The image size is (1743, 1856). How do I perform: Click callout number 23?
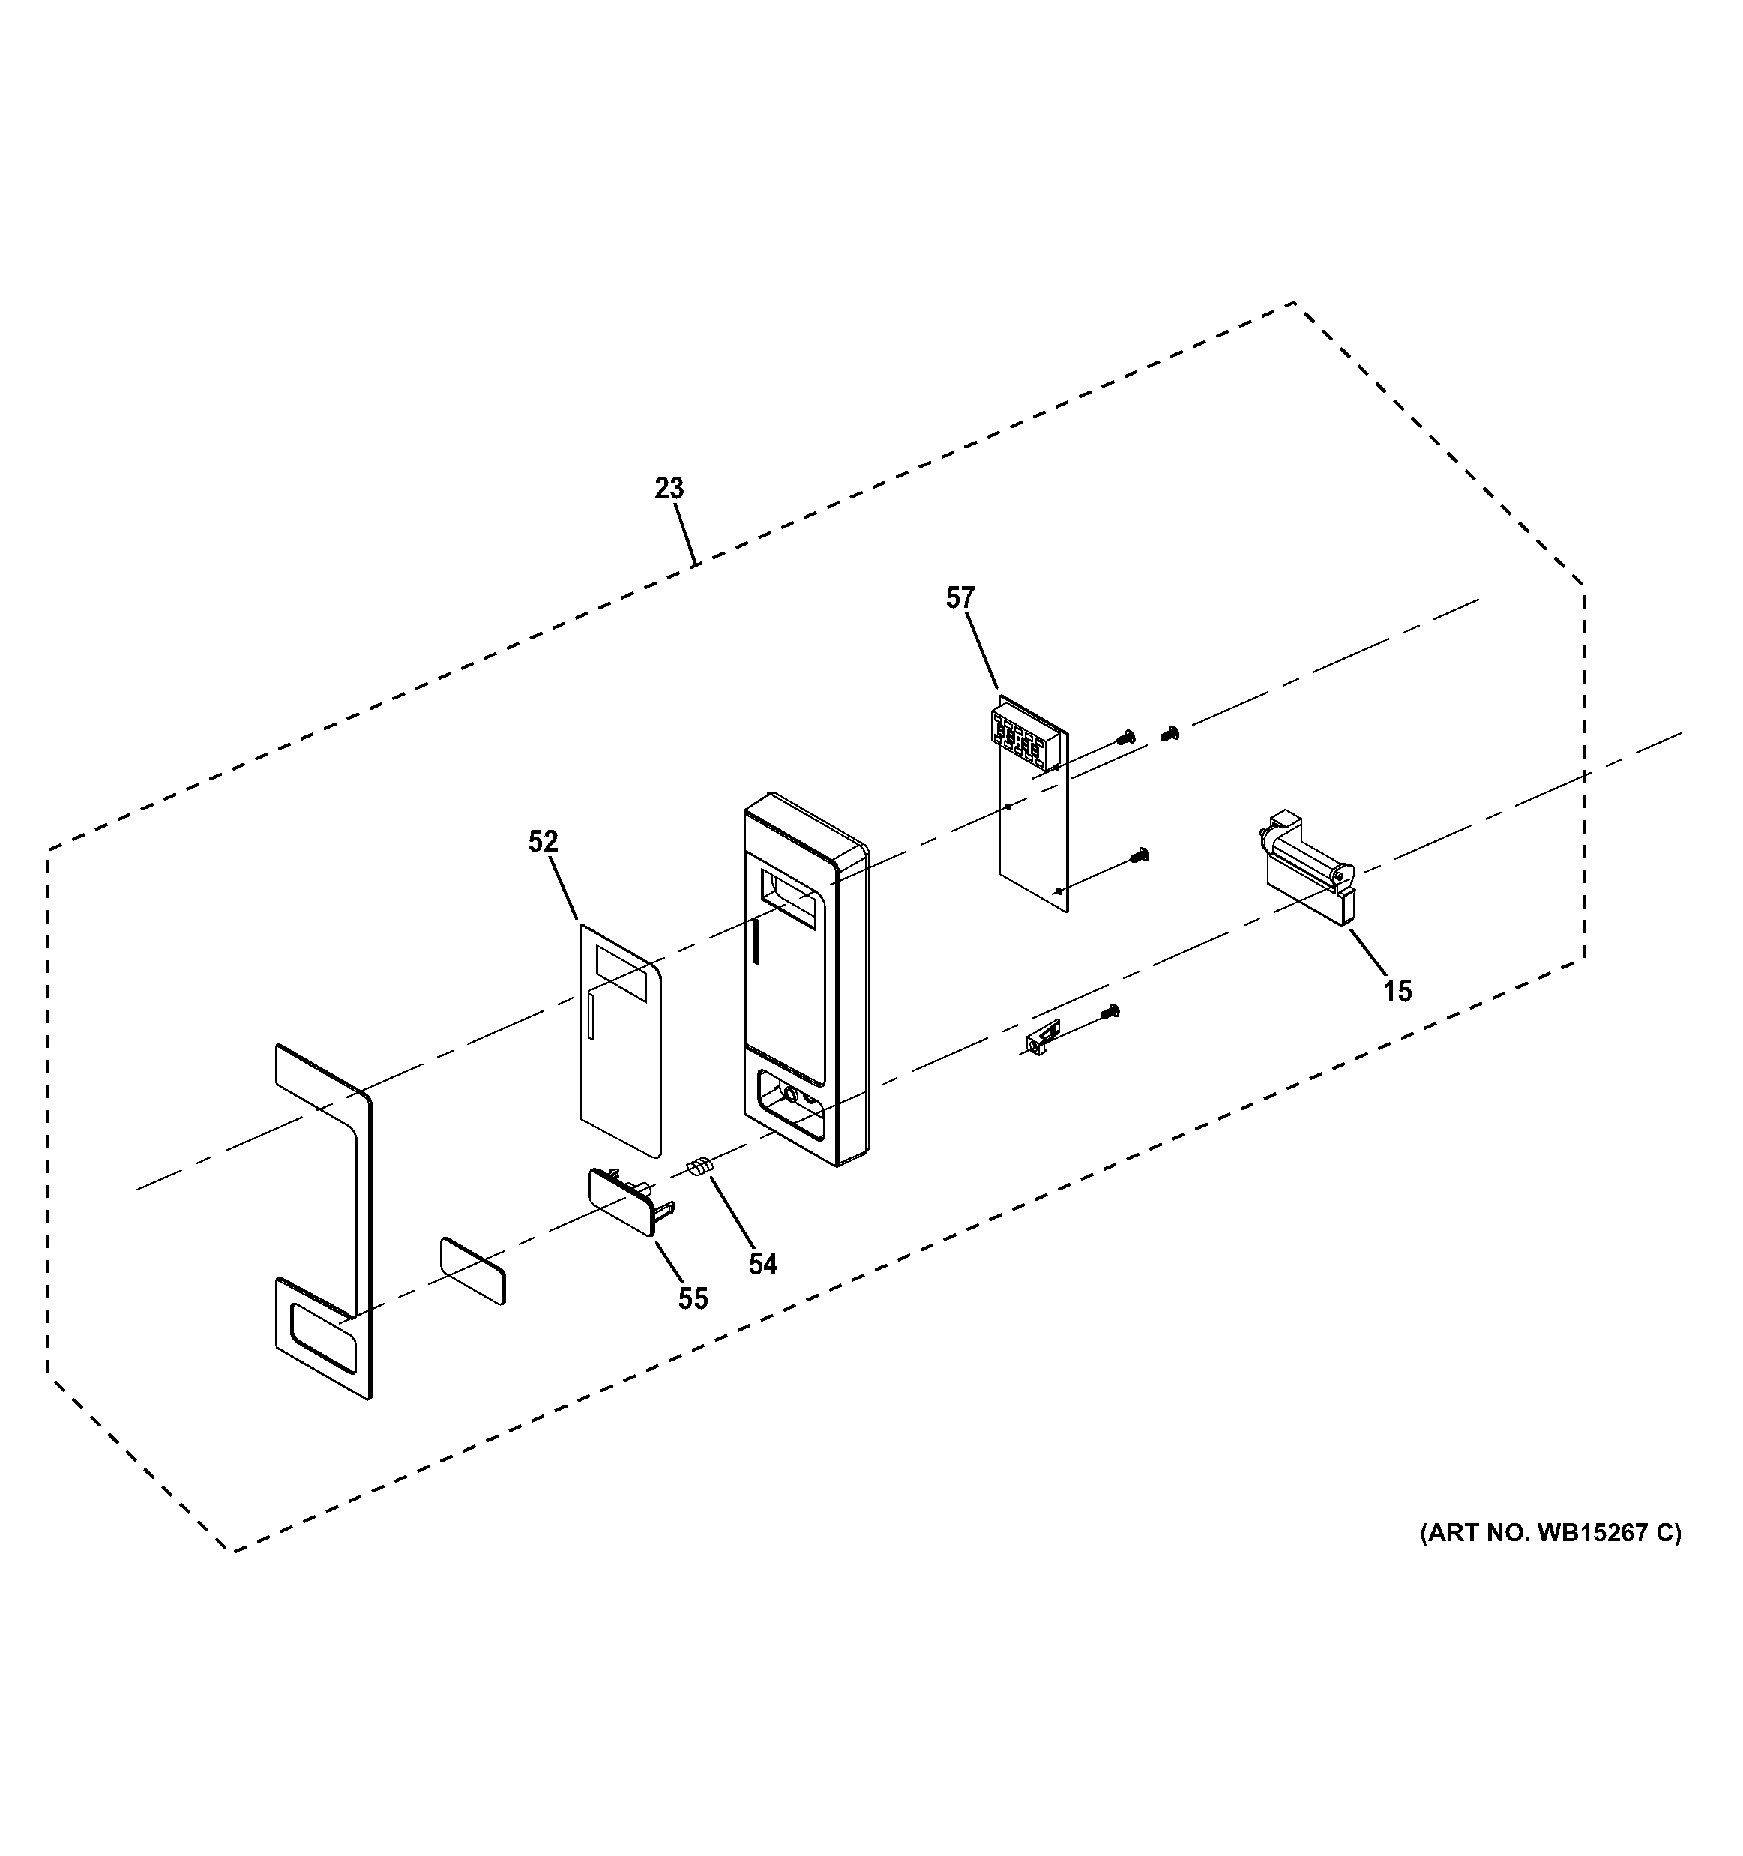(x=669, y=488)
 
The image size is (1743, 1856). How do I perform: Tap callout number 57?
(x=960, y=597)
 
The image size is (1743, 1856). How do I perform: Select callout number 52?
(x=543, y=841)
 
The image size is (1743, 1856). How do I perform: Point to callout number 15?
(x=1397, y=990)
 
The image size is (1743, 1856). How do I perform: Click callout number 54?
(x=762, y=1264)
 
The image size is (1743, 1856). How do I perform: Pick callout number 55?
(x=693, y=1298)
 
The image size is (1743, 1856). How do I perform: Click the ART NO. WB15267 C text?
(x=1550, y=1533)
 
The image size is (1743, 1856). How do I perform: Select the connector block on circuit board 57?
(x=1023, y=743)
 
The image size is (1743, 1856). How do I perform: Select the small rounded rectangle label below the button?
(x=472, y=1271)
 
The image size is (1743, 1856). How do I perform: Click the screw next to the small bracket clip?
(x=1110, y=1010)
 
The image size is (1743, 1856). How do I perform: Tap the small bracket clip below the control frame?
(x=1040, y=1038)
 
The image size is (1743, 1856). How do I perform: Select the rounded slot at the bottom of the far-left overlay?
(x=323, y=1338)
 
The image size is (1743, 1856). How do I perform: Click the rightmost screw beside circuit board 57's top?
(x=1169, y=734)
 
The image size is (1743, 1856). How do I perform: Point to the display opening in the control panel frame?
(x=792, y=898)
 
